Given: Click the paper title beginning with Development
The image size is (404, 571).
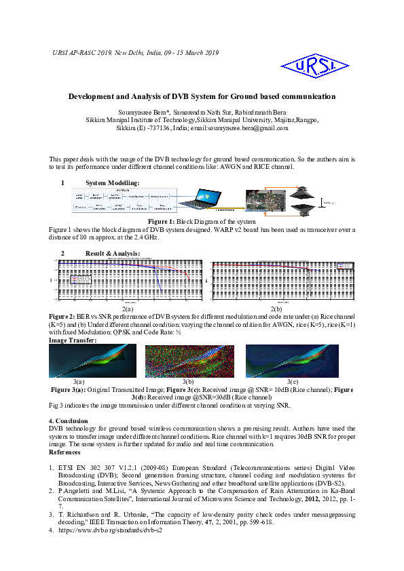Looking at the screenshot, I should [202, 96].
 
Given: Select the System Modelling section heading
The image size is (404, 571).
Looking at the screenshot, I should [113, 182].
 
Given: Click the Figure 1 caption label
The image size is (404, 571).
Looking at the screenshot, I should [162, 222].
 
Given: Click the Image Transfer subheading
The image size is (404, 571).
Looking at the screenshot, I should [73, 340].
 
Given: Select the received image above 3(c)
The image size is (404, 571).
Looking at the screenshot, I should [292, 361].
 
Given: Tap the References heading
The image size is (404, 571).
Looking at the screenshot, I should [65, 452].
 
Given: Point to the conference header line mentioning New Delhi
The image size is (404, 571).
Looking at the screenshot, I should [135, 52].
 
